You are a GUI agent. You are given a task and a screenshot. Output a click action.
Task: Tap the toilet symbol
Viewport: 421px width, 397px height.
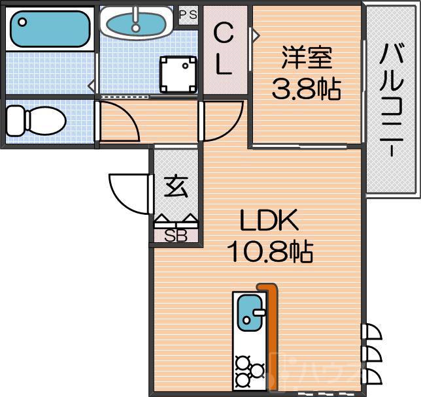coord(35,120)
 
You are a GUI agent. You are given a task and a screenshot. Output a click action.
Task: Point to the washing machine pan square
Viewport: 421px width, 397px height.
coord(178,70)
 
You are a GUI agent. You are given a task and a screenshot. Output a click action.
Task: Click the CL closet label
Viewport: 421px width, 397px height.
coord(224,49)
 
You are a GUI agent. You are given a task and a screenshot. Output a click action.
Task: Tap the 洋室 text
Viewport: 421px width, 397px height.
coord(307,59)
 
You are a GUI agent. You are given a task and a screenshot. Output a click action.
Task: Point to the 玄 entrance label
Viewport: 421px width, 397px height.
coord(175,187)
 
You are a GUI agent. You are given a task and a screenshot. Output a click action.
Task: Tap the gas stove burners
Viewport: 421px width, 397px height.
coord(246,369)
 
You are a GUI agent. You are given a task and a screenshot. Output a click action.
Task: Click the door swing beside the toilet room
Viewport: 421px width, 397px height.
coord(119,122)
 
